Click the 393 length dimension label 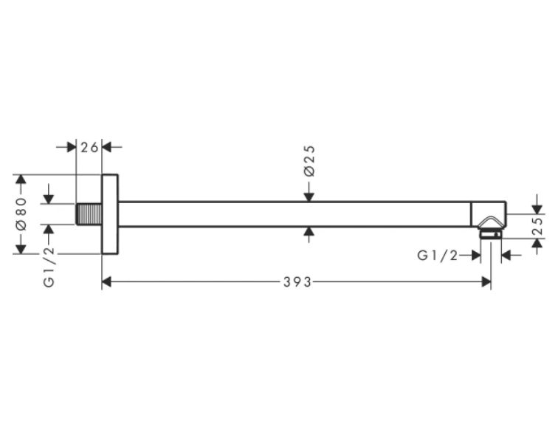(x=297, y=282)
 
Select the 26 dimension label (x=89, y=147)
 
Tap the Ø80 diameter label (x=21, y=214)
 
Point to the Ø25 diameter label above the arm (x=309, y=160)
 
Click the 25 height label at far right (x=538, y=226)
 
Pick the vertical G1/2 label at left (x=49, y=266)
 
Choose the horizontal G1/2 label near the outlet (x=438, y=256)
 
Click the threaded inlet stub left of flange (x=89, y=214)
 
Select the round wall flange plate (x=110, y=214)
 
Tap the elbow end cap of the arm (x=489, y=214)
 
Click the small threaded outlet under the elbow (x=490, y=234)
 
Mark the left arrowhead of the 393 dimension (x=107, y=282)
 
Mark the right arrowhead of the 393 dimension (x=486, y=282)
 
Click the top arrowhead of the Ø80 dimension (x=21, y=179)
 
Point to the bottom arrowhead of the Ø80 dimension (x=21, y=249)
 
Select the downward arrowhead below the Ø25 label (x=309, y=196)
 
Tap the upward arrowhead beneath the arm (x=309, y=232)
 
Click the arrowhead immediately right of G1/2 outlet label (x=475, y=256)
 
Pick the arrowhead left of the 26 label (x=72, y=147)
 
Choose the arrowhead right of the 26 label (x=107, y=147)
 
